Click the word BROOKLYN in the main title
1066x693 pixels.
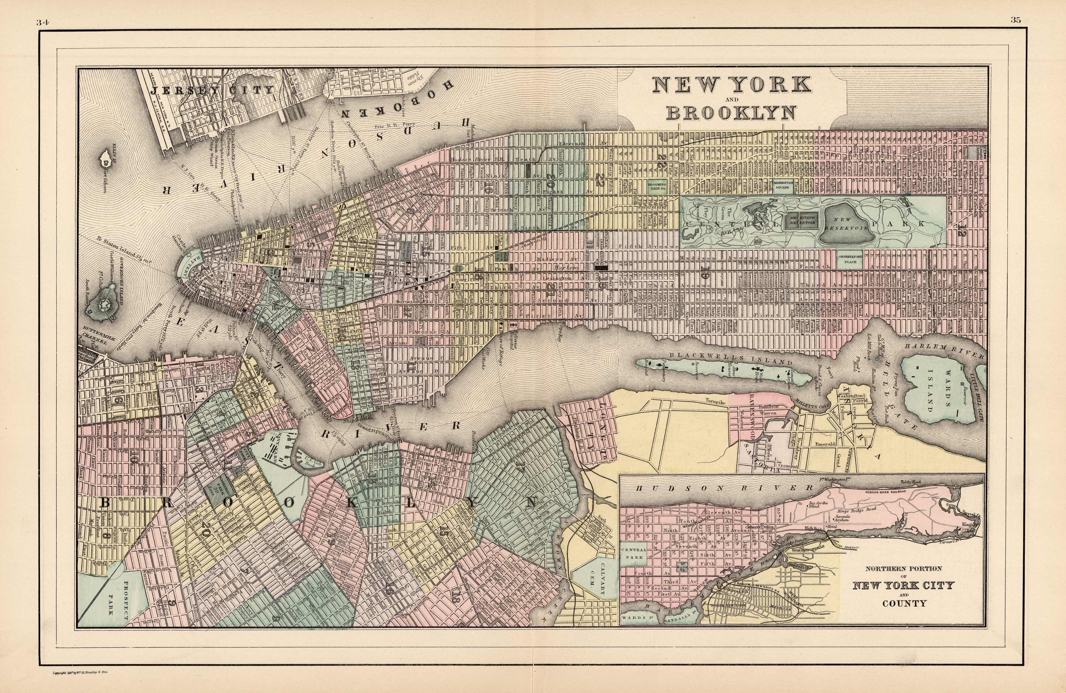pos(731,113)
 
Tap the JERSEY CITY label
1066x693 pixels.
pos(212,89)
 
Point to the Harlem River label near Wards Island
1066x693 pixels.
pos(943,351)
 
